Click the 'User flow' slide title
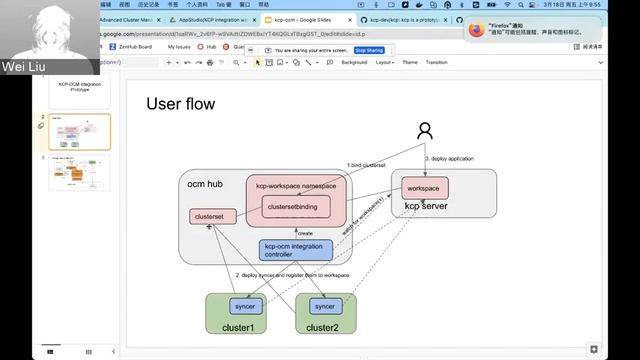[181, 104]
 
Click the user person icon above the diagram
[425, 131]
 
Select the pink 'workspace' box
[424, 188]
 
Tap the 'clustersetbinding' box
[296, 207]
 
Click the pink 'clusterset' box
[211, 216]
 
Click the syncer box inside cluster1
[241, 306]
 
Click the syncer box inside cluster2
[324, 306]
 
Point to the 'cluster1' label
[238, 328]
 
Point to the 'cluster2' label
[322, 328]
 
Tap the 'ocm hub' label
[204, 183]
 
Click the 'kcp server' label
[425, 207]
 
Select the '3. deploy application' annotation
[449, 158]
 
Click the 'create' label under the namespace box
[305, 232]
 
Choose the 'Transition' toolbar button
[436, 62]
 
